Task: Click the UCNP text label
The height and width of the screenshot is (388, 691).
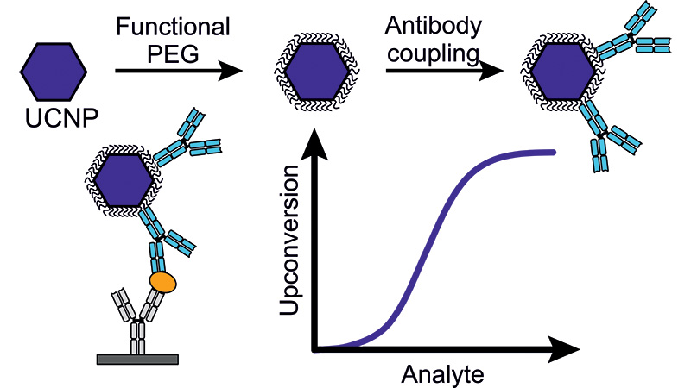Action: tap(61, 118)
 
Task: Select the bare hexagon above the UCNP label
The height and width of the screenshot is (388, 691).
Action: tap(54, 72)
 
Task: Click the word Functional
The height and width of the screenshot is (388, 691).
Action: tap(173, 27)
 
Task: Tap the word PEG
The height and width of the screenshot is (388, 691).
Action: tap(173, 54)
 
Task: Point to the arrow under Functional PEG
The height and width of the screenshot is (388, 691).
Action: tap(179, 71)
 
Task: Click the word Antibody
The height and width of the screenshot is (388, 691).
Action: tap(434, 26)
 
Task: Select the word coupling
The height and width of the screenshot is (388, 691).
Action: tap(434, 53)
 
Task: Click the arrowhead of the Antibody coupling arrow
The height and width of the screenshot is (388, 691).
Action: tap(491, 71)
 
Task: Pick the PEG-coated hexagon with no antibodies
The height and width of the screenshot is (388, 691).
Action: tap(316, 72)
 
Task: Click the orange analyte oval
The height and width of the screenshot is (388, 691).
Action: tap(162, 283)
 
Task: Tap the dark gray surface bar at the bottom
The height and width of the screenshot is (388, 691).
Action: tap(137, 360)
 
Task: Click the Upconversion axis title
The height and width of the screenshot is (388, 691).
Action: tap(289, 240)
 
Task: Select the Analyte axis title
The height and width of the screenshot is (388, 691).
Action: tap(442, 375)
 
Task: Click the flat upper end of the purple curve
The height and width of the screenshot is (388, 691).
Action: tap(553, 153)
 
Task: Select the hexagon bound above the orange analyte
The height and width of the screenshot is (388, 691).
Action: tap(124, 180)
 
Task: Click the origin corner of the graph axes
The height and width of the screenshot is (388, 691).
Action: tap(314, 349)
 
